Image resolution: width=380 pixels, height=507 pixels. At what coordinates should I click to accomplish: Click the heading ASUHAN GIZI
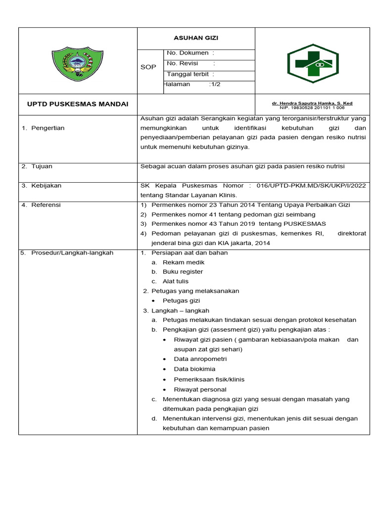tap(195, 38)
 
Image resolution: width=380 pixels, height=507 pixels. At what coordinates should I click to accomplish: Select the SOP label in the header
tap(148, 67)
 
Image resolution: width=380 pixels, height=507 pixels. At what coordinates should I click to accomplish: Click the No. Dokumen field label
tap(190, 53)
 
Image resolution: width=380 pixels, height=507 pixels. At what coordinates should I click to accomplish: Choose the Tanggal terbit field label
tap(190, 74)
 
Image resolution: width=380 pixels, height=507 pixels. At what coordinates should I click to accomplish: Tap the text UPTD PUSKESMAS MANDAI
tap(78, 104)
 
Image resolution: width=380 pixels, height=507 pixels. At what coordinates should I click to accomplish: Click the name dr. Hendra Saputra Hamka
tap(312, 103)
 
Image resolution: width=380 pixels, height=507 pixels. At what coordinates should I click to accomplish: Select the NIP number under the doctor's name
tap(312, 107)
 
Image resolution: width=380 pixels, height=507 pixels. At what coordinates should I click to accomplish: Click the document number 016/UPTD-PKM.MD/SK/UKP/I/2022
tap(311, 186)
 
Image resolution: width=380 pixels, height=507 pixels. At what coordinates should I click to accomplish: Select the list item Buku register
tap(183, 271)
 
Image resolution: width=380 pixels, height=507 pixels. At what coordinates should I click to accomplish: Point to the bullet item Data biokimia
tap(194, 369)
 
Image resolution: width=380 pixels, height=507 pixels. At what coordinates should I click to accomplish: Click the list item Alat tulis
tap(175, 281)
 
